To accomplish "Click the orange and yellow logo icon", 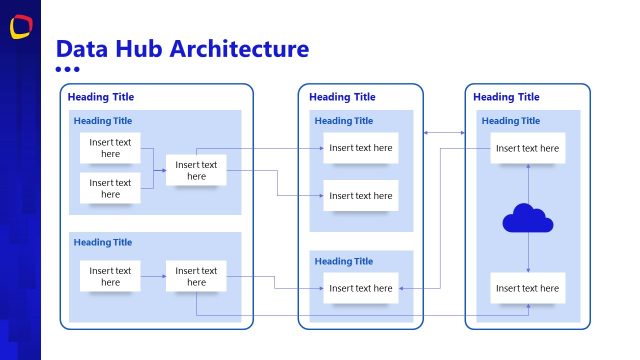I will [20, 27].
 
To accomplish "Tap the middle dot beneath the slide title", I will [67, 69].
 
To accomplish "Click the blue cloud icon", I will [527, 218].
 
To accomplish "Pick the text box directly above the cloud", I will [527, 148].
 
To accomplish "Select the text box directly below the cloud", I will [527, 288].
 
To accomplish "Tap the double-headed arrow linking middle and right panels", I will [444, 132].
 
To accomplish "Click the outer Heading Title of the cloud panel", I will [506, 97].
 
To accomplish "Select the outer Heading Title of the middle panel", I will [342, 97].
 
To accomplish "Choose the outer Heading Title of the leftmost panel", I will [100, 97].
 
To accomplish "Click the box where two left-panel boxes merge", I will [196, 170].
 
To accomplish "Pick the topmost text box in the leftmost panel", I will [110, 148].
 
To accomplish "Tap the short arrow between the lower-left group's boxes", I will [153, 276].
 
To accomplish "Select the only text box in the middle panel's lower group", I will [360, 288].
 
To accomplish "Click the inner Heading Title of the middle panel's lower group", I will [344, 261].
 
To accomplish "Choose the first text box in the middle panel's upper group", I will [360, 148].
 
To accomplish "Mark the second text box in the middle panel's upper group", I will [360, 196].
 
